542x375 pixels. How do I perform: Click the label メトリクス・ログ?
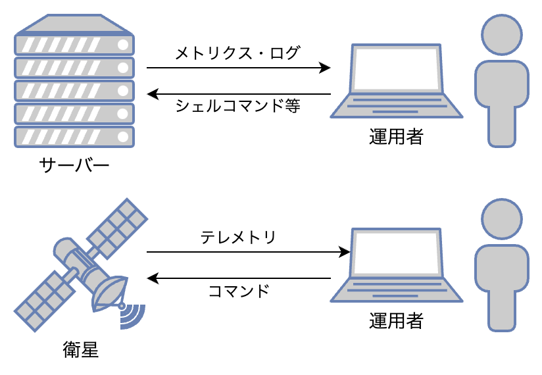pos(238,53)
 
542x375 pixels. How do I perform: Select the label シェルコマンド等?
pos(238,105)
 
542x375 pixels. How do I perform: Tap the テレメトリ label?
pos(238,238)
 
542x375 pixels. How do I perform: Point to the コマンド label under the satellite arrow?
pos(239,291)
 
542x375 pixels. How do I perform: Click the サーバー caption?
pos(74,165)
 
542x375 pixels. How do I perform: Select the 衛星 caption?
pos(80,349)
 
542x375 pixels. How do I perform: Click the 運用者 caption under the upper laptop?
pos(396,137)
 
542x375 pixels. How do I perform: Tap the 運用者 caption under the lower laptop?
pos(396,321)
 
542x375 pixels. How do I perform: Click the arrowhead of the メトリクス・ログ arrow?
pos(325,68)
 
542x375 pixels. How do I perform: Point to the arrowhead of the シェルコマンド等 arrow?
pos(153,94)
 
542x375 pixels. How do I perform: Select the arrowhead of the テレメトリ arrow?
pos(344,252)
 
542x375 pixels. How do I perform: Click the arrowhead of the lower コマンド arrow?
pos(153,278)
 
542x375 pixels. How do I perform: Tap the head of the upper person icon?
pos(502,35)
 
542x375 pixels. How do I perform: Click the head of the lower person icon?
pos(502,219)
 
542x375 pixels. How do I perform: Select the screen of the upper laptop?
pos(397,68)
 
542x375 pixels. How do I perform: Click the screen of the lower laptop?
pos(397,253)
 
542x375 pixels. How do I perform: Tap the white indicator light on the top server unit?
pos(123,45)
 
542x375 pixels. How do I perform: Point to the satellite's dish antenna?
pos(110,293)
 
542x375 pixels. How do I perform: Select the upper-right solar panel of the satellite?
pos(118,228)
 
